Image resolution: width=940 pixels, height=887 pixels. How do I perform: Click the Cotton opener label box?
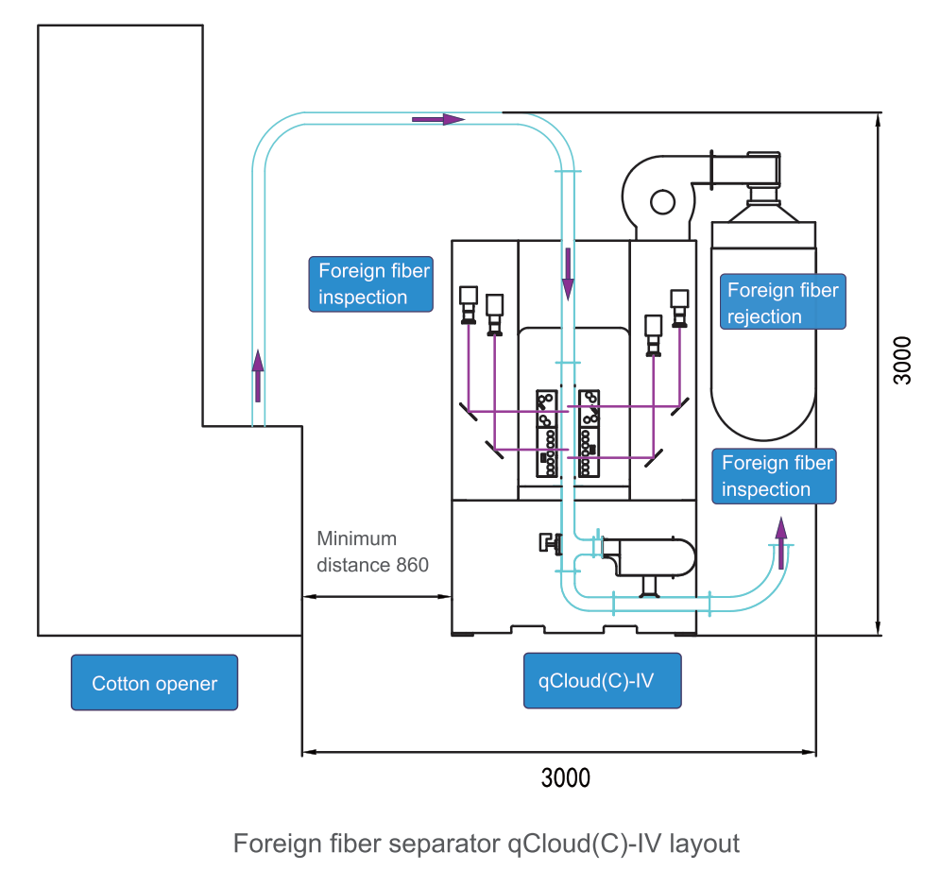155,683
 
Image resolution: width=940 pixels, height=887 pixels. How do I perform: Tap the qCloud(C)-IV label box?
603,681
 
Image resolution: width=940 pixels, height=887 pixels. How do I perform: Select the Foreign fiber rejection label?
783,302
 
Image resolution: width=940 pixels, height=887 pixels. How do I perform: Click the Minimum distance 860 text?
372,552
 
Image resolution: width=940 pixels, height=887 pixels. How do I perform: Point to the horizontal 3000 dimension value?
565,778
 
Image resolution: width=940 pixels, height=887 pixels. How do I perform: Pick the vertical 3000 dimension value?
901,360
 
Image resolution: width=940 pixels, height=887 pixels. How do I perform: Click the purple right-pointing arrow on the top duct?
438,119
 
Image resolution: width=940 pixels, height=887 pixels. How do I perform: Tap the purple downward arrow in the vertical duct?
568,274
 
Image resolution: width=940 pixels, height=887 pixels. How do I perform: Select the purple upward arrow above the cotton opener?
258,376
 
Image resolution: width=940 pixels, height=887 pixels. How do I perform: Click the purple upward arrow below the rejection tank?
781,543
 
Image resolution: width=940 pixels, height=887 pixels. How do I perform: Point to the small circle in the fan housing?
662,202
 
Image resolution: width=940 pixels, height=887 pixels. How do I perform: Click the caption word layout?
705,844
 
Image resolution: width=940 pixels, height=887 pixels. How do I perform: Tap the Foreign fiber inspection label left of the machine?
371,284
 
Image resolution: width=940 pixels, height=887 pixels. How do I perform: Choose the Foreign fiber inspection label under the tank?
774,476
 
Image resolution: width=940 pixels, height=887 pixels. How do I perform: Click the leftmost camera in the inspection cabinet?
469,305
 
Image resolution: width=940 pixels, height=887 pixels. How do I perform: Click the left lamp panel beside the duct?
547,434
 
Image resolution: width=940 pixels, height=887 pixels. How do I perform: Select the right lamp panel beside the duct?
589,434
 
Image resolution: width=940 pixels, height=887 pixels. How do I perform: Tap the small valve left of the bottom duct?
551,543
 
